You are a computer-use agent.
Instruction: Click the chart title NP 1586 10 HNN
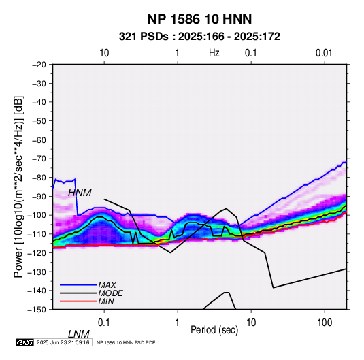coord(199,19)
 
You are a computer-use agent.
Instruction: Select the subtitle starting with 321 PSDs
coord(199,37)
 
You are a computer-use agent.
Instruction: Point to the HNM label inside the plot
coord(80,193)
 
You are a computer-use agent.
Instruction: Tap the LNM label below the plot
coord(79,334)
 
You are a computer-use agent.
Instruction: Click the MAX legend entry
coord(107,284)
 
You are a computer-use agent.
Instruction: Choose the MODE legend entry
coord(110,293)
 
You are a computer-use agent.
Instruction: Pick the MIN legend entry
coord(106,301)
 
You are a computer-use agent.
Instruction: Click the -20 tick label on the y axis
coord(39,65)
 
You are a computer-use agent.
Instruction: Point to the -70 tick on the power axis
coord(39,159)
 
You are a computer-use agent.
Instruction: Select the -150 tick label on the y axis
coord(37,310)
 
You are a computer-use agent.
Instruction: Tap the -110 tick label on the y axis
coord(37,234)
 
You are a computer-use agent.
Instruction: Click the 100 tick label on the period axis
coord(325,323)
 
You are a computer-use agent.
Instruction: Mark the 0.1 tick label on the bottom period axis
coord(103,323)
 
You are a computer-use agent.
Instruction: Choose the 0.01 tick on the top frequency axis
coord(324,53)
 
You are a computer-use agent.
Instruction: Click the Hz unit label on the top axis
coord(214,53)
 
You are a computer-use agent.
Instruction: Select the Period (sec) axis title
coord(214,330)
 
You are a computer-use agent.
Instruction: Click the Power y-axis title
coord(18,186)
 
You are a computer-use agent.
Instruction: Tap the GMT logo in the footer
coord(24,342)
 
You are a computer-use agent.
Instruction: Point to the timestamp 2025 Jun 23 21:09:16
coord(63,342)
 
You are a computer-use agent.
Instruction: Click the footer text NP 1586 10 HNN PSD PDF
coord(126,342)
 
